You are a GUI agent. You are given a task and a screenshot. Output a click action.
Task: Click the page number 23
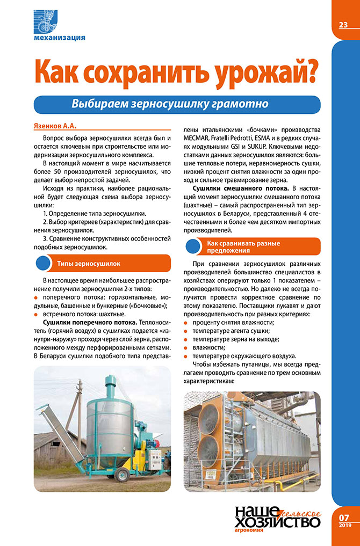click(x=343, y=25)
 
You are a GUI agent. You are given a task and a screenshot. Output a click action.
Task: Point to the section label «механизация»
click(x=59, y=38)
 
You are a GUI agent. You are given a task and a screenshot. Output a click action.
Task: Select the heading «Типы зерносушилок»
click(x=88, y=264)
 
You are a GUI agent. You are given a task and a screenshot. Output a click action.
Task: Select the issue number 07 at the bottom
click(x=344, y=518)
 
